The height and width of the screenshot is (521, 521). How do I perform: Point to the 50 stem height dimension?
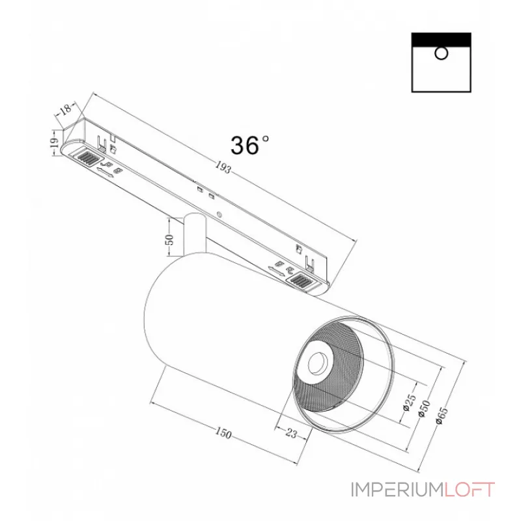point(171,240)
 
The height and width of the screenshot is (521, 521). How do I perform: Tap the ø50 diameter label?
point(424,408)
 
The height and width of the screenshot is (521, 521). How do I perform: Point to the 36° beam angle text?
point(249,145)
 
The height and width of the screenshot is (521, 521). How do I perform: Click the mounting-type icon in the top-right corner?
point(442,63)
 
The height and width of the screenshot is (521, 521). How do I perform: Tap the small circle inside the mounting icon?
point(442,53)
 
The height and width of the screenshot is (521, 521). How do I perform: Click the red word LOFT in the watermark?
point(470,490)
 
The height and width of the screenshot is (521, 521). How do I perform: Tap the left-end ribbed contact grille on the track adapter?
point(86,157)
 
